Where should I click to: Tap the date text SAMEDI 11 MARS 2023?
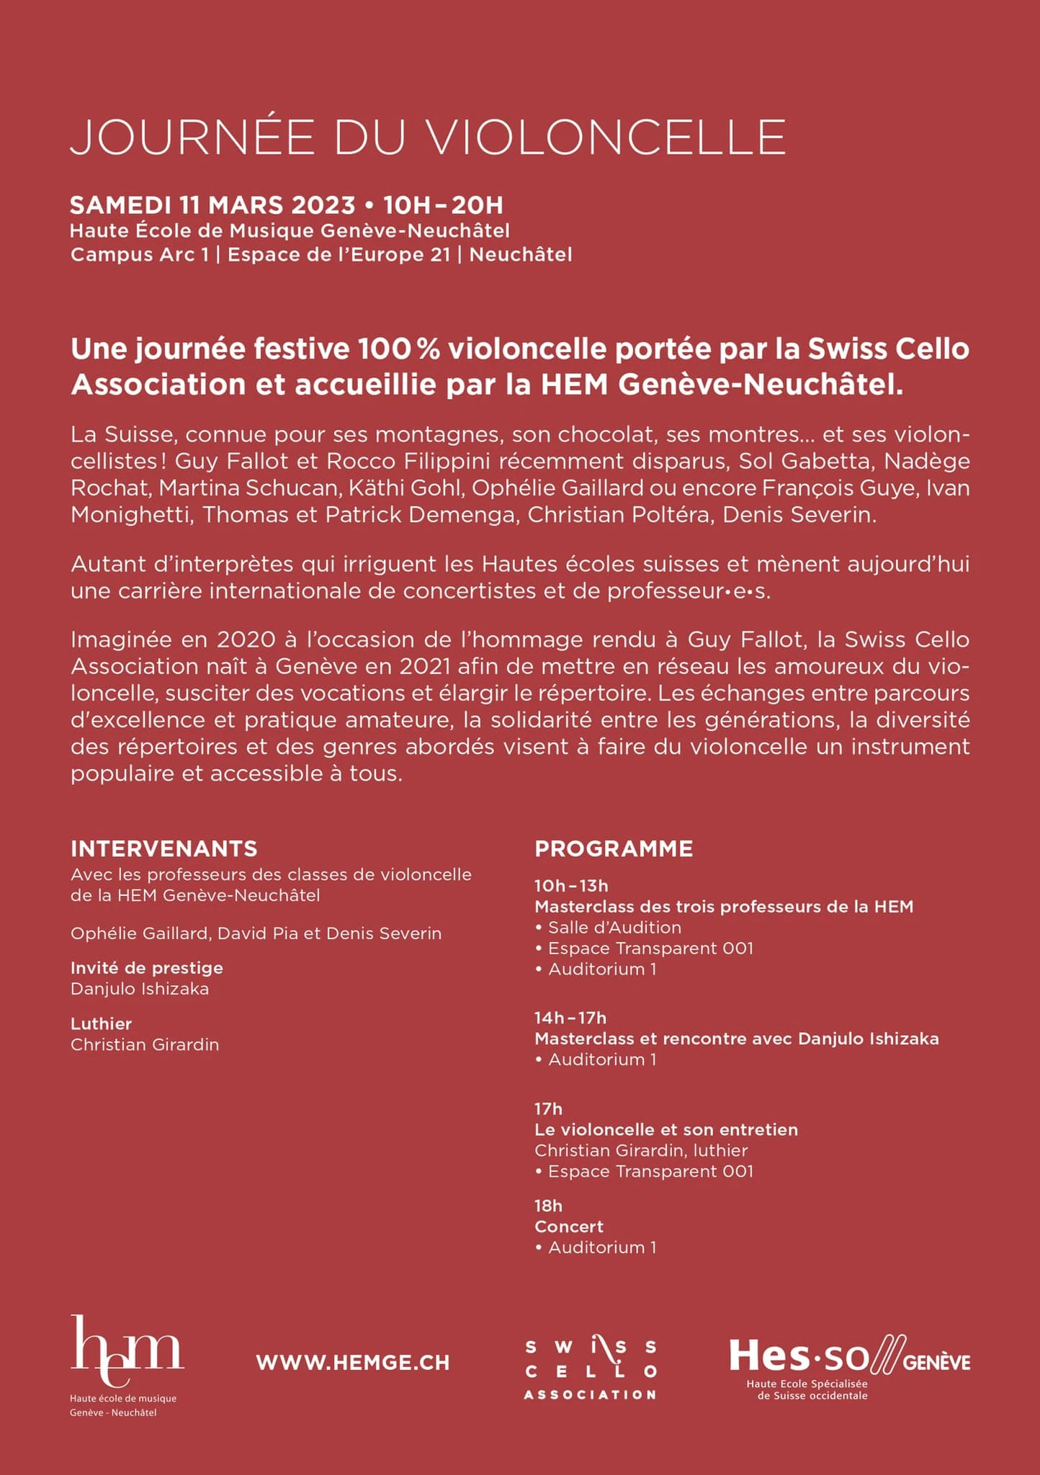[x=212, y=205]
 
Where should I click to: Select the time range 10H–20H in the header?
[x=443, y=205]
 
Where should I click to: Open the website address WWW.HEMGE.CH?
[x=352, y=1362]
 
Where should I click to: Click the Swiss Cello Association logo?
[x=590, y=1369]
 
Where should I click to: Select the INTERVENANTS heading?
[x=163, y=848]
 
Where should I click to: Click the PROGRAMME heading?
[x=614, y=848]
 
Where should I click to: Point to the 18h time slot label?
[x=548, y=1206]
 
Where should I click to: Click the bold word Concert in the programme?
[x=569, y=1227]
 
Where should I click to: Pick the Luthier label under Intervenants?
[x=101, y=1023]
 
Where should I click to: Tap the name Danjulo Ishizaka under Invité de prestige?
[x=140, y=989]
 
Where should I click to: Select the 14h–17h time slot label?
[x=570, y=1018]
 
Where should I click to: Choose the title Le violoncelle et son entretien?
[x=666, y=1129]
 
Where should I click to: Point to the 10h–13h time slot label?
[x=571, y=886]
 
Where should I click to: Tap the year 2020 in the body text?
[x=246, y=640]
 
